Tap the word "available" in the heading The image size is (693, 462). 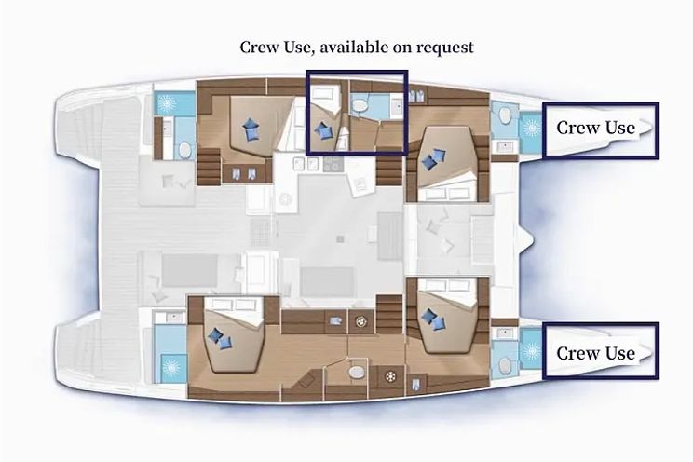pyautogui.click(x=355, y=47)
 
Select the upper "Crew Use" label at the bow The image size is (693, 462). pyautogui.click(x=595, y=128)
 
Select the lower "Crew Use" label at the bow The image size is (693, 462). pyautogui.click(x=595, y=353)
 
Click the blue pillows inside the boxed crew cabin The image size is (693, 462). pyautogui.click(x=323, y=130)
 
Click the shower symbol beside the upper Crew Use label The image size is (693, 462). pyautogui.click(x=530, y=129)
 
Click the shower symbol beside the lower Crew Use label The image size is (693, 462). pyautogui.click(x=530, y=352)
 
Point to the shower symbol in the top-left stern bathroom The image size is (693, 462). pyautogui.click(x=168, y=104)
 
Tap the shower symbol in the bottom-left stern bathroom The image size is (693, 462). pyautogui.click(x=171, y=367)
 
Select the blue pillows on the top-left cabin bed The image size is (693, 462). pyautogui.click(x=251, y=129)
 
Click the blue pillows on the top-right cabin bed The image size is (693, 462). pyautogui.click(x=433, y=159)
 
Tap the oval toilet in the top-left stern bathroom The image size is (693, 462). pyautogui.click(x=185, y=151)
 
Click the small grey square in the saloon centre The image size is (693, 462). pyautogui.click(x=340, y=239)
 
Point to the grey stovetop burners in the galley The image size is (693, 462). pyautogui.click(x=333, y=164)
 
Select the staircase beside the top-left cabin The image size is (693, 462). pyautogui.click(x=208, y=167)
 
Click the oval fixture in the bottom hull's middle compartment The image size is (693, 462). pyautogui.click(x=358, y=372)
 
